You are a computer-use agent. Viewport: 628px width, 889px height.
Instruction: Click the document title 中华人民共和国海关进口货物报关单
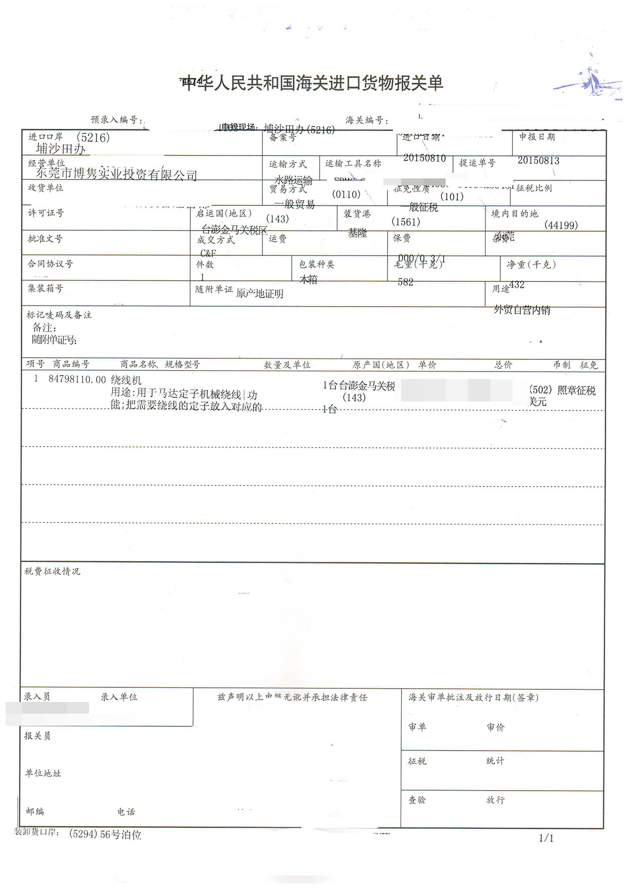[312, 83]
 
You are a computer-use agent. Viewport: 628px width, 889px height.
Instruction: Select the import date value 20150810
[424, 158]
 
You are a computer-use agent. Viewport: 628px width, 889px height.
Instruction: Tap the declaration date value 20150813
[538, 161]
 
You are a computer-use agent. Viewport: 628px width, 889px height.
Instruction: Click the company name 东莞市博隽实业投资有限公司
[116, 174]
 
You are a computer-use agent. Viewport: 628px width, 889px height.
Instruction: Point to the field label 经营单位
[46, 163]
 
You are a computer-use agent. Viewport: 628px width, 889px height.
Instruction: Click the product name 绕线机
[126, 380]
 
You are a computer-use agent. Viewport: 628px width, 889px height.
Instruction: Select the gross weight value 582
[406, 282]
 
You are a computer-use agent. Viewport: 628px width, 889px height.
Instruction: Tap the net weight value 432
[517, 285]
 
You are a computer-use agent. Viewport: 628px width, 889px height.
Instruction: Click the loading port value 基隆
[358, 233]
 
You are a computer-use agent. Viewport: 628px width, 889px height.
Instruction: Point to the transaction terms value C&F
[208, 253]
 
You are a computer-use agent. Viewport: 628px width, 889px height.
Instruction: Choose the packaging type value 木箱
[308, 279]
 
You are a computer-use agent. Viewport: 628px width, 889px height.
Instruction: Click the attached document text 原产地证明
[260, 293]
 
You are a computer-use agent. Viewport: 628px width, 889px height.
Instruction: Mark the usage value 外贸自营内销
[522, 310]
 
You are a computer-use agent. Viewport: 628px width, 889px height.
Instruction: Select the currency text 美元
[538, 402]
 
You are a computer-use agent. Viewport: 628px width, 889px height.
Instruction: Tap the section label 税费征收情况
[52, 571]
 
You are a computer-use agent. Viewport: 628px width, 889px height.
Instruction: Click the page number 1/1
[546, 838]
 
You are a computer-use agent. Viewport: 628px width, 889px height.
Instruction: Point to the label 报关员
[37, 735]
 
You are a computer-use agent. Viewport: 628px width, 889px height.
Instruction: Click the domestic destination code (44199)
[561, 226]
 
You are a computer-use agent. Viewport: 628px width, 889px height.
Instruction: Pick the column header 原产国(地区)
[381, 365]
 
